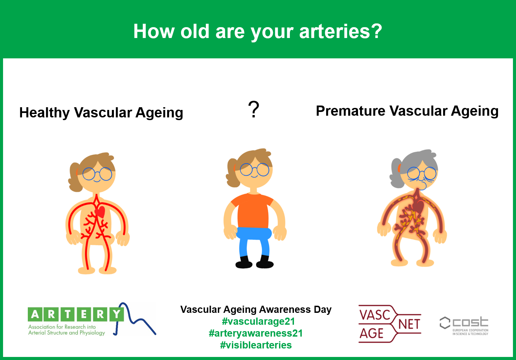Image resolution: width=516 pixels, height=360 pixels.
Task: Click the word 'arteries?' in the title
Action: pos(340,31)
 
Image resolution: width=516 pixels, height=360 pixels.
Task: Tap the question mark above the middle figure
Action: pos(254,109)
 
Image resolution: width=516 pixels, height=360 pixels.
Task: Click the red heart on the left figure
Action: pos(100,212)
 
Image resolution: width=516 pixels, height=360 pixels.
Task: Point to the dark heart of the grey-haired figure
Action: pos(419,206)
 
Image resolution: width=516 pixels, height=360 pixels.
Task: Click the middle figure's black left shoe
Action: pos(244,263)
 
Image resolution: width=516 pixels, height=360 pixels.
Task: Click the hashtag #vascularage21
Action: pos(258,321)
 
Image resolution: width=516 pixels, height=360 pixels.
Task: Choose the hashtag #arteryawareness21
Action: pos(256,333)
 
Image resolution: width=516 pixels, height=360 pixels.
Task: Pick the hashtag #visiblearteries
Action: pos(256,345)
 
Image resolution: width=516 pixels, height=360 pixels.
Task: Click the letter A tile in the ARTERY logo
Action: pos(35,315)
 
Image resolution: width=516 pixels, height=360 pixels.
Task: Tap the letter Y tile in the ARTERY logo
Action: pos(116,315)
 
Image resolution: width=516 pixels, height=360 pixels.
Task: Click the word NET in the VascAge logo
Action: pos(409,324)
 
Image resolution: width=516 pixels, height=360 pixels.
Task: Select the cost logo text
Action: pos(471,322)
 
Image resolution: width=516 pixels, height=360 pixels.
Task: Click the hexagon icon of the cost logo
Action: pos(445,323)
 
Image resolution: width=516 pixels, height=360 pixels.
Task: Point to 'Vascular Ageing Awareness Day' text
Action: pos(256,309)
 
